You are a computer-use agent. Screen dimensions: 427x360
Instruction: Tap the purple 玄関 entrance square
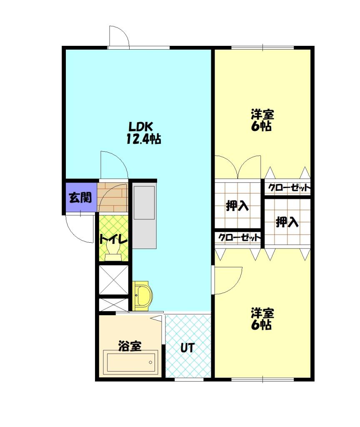click(80, 198)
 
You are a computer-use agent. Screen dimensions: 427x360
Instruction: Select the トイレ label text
click(112, 240)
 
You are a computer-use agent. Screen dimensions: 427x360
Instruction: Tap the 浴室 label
click(130, 346)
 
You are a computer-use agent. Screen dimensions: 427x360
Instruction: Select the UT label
click(187, 348)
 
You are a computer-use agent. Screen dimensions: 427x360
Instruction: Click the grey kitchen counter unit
click(144, 217)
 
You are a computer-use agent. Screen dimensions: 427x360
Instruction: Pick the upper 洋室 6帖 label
click(262, 120)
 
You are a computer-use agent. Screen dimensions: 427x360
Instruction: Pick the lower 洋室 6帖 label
click(262, 319)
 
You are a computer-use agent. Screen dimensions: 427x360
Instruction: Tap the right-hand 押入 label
click(287, 222)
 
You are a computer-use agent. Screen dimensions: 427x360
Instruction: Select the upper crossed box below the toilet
click(113, 279)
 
